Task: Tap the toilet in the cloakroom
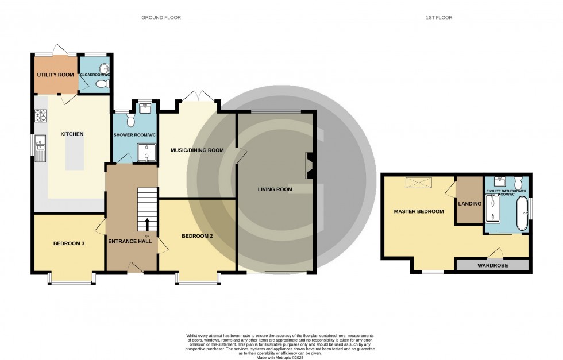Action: pos(102,85)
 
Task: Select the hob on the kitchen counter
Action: pos(41,117)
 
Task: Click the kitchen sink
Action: pos(40,140)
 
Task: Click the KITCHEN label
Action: pos(72,134)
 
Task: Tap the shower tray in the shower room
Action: pos(145,152)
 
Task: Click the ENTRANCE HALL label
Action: pos(130,242)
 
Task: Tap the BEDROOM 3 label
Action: pos(69,243)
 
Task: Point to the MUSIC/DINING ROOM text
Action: pos(196,150)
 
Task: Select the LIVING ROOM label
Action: pos(275,189)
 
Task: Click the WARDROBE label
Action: pos(492,266)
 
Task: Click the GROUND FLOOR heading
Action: pos(161,18)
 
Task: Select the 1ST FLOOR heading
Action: pos(439,18)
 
